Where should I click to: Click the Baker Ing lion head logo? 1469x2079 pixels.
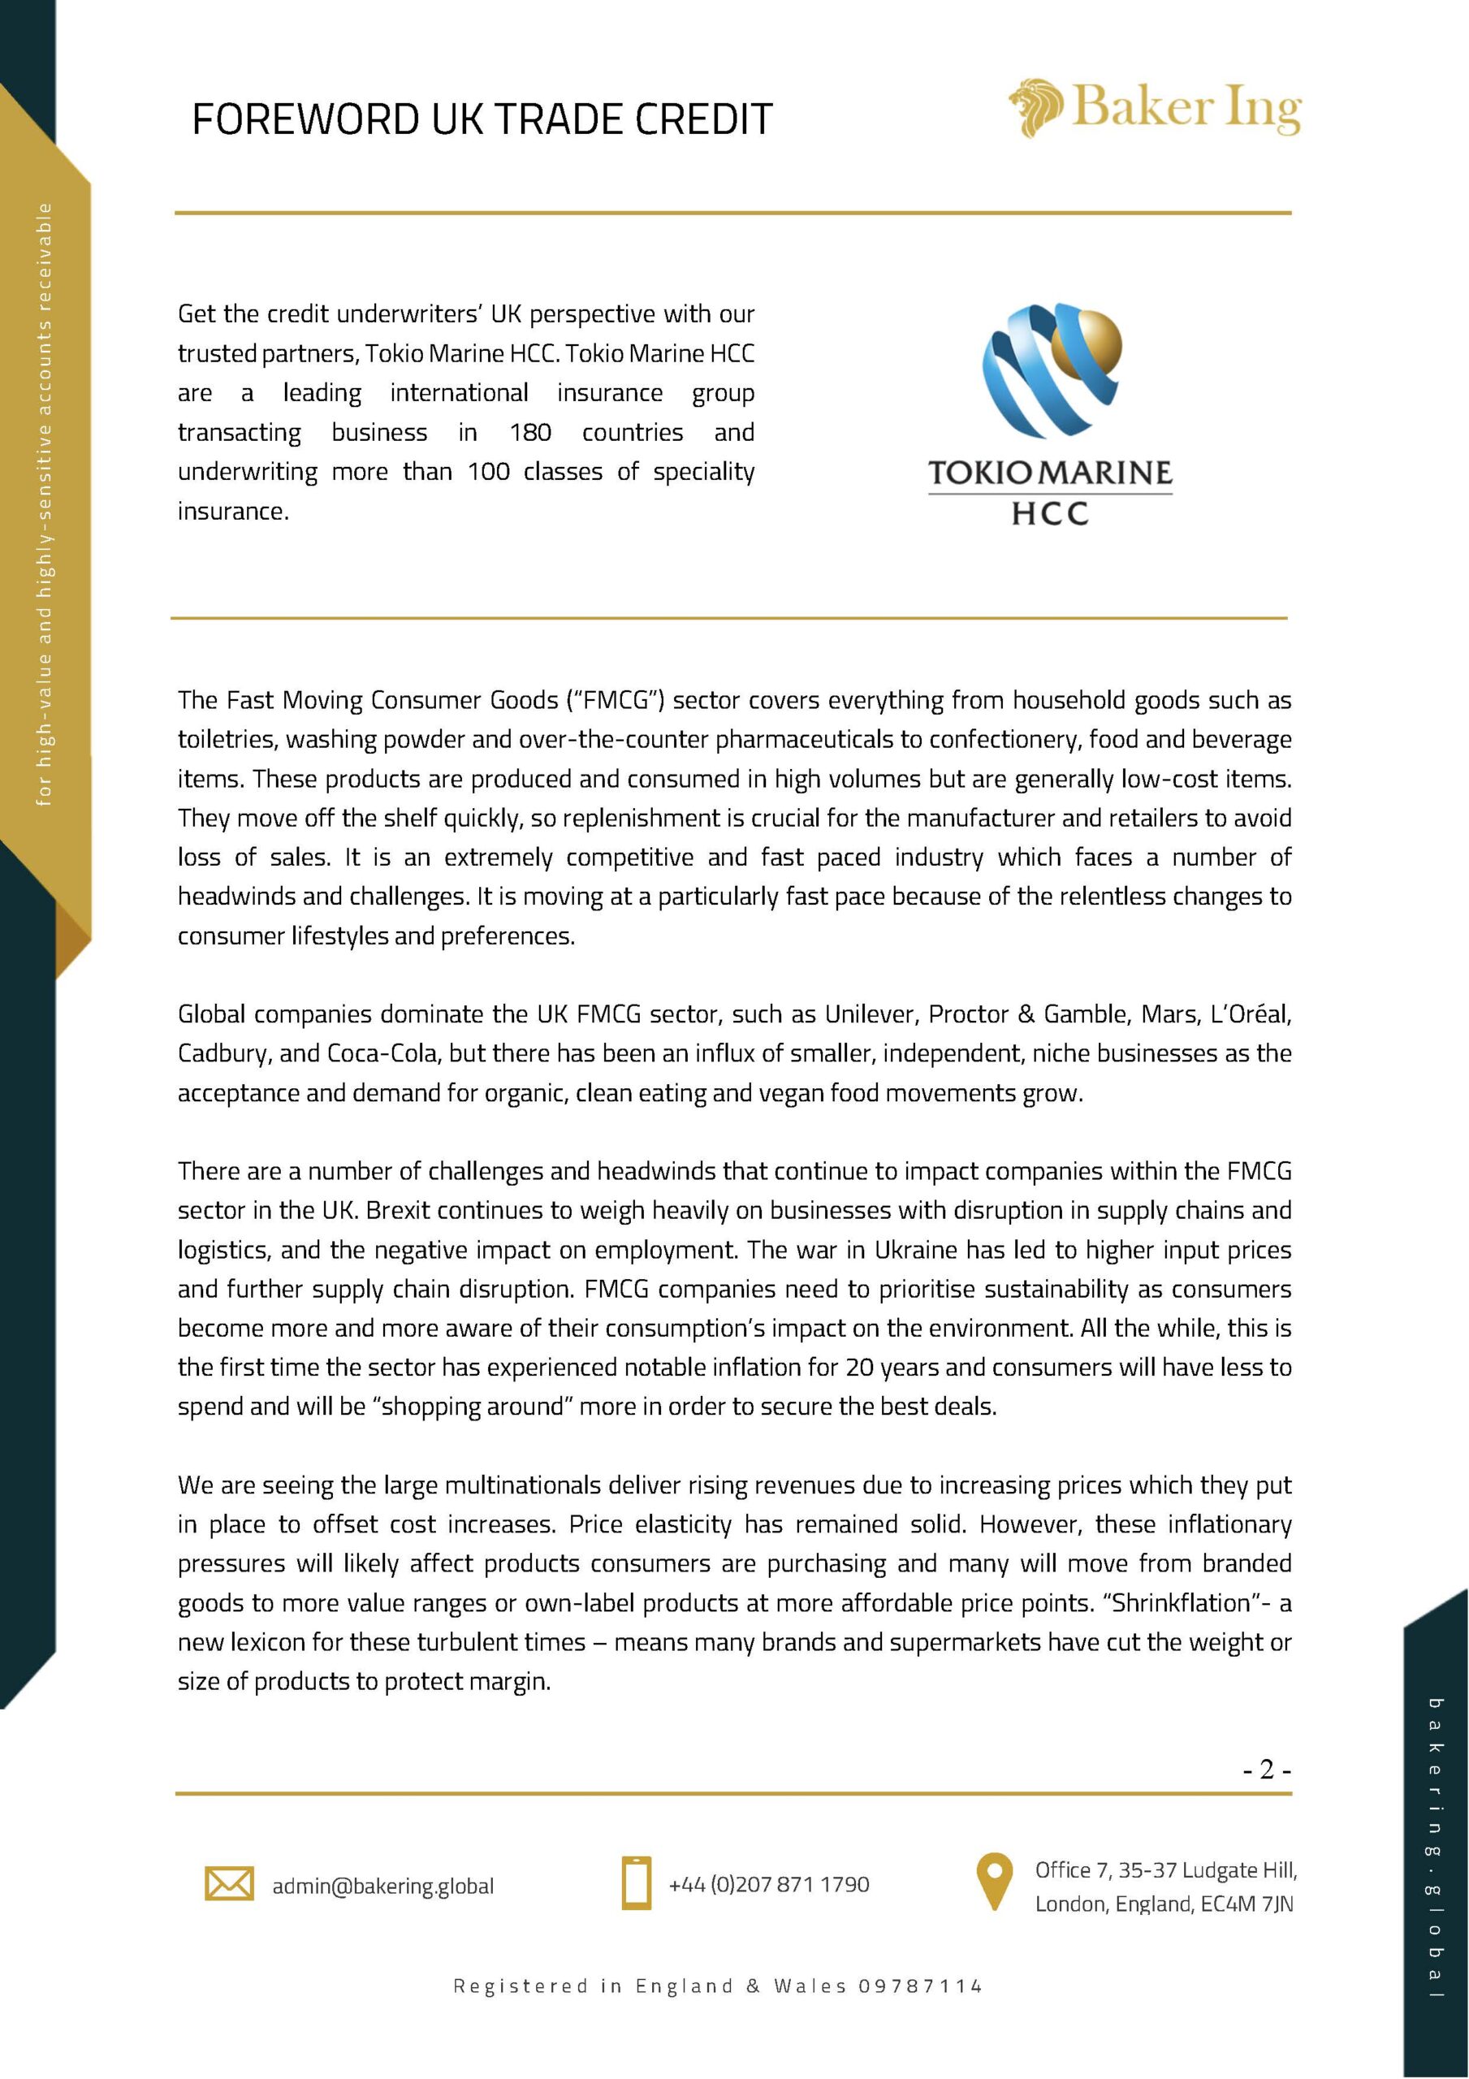(x=1038, y=109)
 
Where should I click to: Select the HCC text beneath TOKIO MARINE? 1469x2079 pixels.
(x=1050, y=514)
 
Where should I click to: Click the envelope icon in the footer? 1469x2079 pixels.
(x=229, y=1884)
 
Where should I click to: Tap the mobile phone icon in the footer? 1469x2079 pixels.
(x=637, y=1883)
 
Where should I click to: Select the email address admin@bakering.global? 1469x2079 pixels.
(x=383, y=1887)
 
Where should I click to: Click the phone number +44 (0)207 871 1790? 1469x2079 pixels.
(x=768, y=1884)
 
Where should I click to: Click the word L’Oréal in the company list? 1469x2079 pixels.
(x=1250, y=1014)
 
